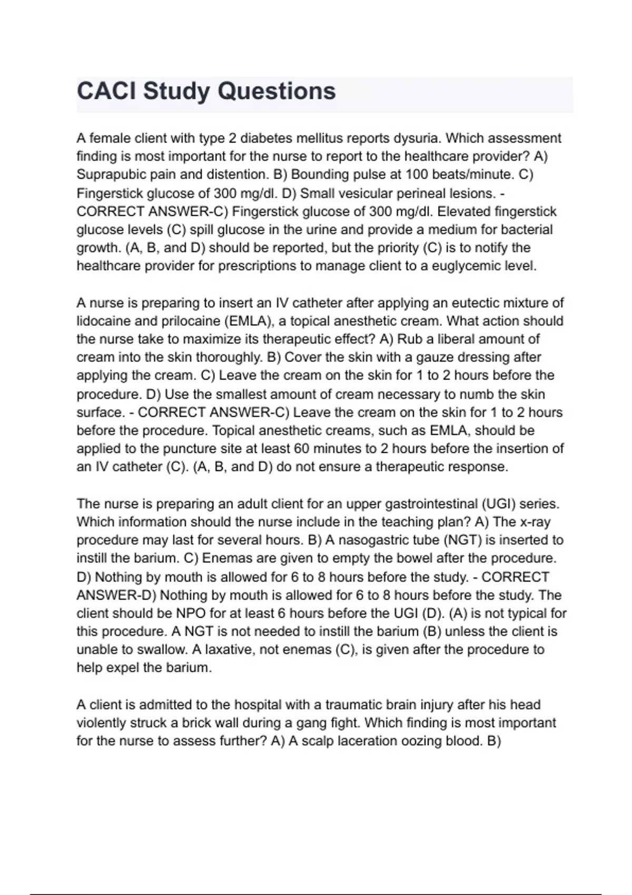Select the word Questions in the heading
[276, 91]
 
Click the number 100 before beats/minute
[417, 175]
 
